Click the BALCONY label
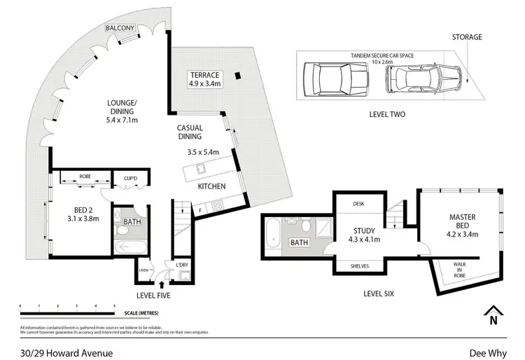120,28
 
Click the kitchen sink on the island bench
198,167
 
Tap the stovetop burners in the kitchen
218,206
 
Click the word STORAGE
468,37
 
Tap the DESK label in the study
358,204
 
